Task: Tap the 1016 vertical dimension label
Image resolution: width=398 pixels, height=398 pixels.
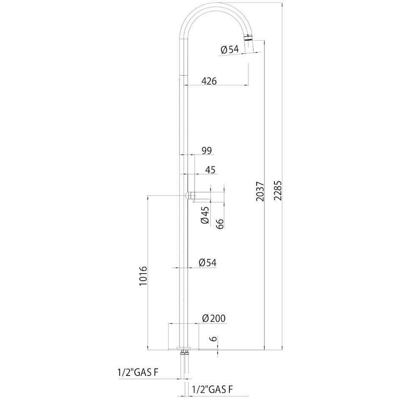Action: [143, 277]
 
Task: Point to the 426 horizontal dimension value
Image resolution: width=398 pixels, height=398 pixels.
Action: [208, 81]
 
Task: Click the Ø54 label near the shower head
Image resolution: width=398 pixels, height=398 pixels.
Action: [230, 50]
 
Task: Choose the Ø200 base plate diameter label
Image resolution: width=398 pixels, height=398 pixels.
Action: [213, 318]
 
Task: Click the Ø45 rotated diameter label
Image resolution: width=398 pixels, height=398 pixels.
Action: [205, 215]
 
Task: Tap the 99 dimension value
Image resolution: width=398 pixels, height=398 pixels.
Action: [207, 150]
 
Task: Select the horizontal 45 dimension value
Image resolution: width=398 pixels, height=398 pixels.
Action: [210, 170]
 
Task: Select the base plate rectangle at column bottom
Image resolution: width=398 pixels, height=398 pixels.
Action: [183, 337]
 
